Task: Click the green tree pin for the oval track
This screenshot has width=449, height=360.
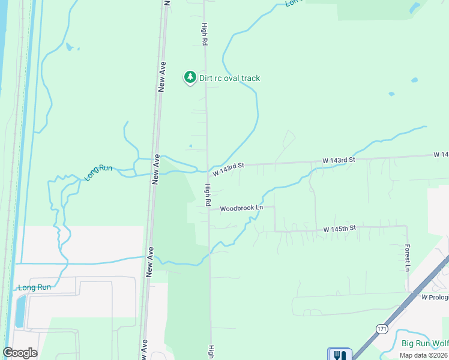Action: click(x=190, y=77)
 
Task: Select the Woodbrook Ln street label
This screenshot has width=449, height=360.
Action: click(x=241, y=208)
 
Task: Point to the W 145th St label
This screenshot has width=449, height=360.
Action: click(x=340, y=229)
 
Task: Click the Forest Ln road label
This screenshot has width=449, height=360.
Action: click(x=407, y=257)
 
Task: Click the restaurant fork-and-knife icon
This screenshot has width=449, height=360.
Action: click(x=339, y=355)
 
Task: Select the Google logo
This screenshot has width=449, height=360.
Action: click(x=20, y=353)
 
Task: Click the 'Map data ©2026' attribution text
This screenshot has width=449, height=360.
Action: click(x=423, y=355)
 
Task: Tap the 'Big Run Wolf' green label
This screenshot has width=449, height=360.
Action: click(x=424, y=344)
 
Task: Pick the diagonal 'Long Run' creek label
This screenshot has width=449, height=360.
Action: click(x=98, y=173)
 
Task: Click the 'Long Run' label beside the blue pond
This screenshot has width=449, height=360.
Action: click(x=34, y=287)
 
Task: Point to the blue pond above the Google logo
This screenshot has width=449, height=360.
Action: click(x=20, y=311)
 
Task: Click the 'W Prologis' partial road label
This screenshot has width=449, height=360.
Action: click(x=435, y=298)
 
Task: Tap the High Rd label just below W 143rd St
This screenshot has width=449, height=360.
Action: click(x=206, y=196)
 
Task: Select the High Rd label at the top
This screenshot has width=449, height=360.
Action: click(x=204, y=35)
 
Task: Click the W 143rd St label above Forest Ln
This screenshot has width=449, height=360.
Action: click(x=339, y=160)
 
